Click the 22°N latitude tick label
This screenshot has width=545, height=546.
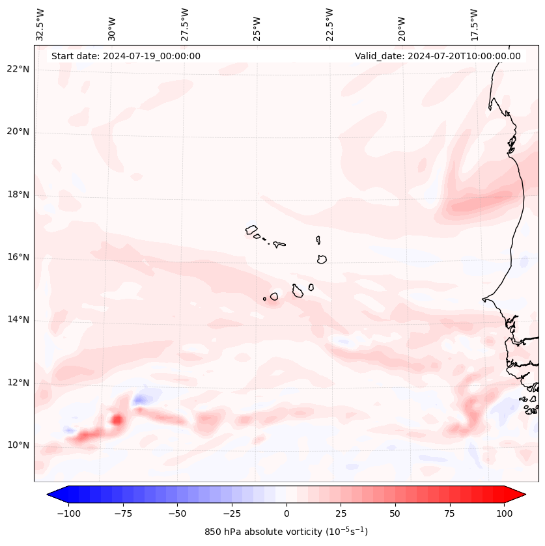[x=18, y=70]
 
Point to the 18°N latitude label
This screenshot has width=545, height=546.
[x=18, y=195]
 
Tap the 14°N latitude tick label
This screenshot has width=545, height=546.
[x=18, y=320]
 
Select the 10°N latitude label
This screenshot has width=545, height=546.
[x=18, y=445]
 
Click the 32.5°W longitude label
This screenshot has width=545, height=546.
[x=40, y=25]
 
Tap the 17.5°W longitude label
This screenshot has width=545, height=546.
[x=473, y=25]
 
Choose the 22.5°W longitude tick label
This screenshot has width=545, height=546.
[x=329, y=25]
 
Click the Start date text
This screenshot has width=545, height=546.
[x=126, y=56]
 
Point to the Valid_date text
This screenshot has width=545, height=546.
[x=438, y=56]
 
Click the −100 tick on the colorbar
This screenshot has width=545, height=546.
[x=68, y=513]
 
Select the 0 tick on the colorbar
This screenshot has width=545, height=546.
[x=286, y=513]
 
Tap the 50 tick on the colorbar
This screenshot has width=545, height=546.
[x=395, y=513]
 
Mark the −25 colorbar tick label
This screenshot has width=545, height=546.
[x=232, y=513]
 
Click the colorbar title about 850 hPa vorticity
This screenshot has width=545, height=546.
[x=286, y=532]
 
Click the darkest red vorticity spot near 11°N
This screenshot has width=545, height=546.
[x=117, y=420]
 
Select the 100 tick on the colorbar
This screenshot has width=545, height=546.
[x=504, y=513]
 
